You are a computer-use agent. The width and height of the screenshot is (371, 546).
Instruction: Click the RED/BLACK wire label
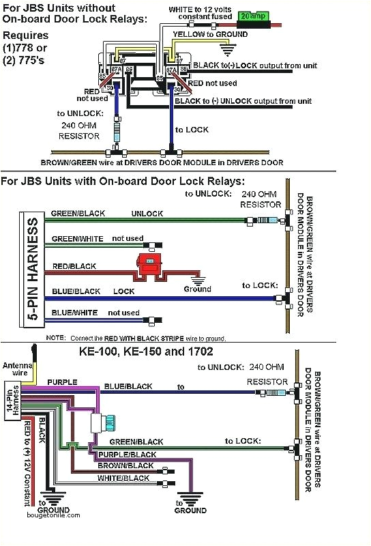(x=74, y=266)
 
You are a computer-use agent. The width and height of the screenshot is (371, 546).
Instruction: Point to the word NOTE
(x=55, y=338)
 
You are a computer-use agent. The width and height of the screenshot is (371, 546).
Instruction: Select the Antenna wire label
(x=16, y=369)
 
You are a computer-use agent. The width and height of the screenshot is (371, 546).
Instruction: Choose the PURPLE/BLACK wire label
(x=127, y=455)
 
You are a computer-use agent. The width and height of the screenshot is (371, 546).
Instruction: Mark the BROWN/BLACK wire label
(x=126, y=465)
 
